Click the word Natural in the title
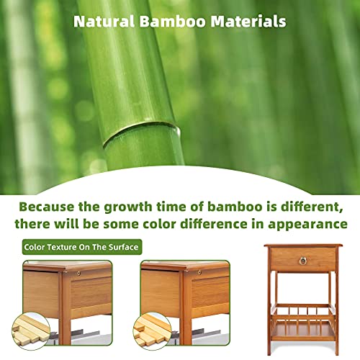(104, 21)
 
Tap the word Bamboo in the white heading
(173, 21)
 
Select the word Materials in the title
(248, 21)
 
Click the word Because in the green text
(47, 207)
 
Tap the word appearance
(307, 225)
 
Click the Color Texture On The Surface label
(82, 247)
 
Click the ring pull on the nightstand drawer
(303, 261)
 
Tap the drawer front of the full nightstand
(303, 259)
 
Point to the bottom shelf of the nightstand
(303, 330)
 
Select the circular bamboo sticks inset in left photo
(31, 331)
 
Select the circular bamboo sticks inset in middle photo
(152, 331)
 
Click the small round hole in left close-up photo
(78, 274)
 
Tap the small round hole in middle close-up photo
(199, 273)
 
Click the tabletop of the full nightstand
(303, 246)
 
